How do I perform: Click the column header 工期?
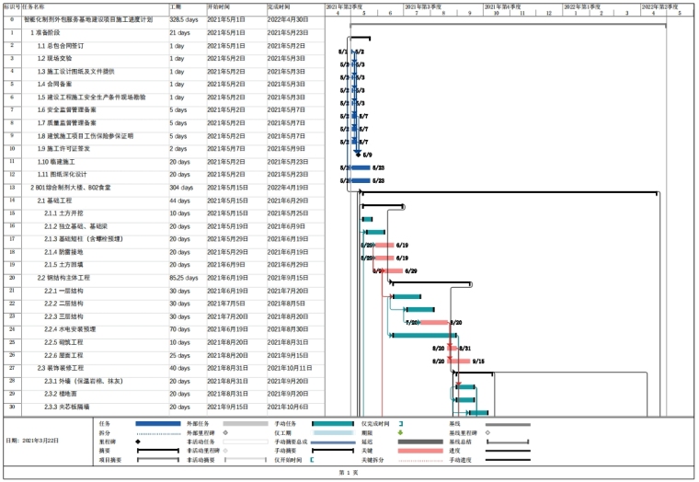coord(175,7)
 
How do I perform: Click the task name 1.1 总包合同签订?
coord(61,45)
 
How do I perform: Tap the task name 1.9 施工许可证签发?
coord(63,148)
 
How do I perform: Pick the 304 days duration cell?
coord(181,187)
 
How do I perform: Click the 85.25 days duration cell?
coord(184,277)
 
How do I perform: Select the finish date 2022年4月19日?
coord(288,187)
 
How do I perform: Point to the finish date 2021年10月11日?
coord(289,367)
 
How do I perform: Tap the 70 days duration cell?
coord(180,328)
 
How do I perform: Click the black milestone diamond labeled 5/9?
coord(358,155)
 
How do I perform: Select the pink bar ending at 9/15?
coord(461,361)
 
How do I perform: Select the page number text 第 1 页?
coord(349,472)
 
